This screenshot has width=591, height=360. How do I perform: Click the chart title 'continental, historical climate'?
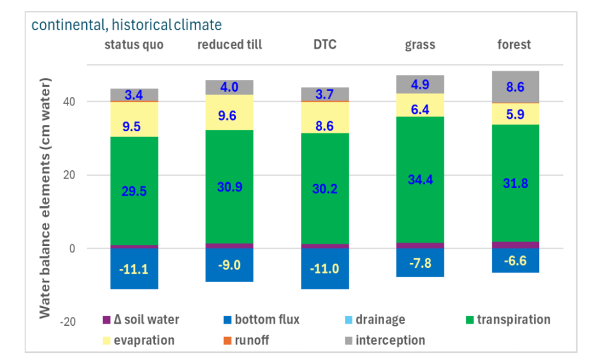[126, 25]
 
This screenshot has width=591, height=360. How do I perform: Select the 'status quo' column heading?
[134, 45]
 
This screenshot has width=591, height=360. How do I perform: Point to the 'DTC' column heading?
[324, 45]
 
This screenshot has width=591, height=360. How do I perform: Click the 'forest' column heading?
[514, 45]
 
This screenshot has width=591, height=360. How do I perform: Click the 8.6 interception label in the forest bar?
[515, 86]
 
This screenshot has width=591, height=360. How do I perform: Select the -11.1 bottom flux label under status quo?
[134, 270]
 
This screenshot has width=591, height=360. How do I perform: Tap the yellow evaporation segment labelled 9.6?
[229, 116]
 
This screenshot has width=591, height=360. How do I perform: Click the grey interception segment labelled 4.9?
[420, 84]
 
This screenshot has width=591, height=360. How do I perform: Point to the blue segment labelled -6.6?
[515, 261]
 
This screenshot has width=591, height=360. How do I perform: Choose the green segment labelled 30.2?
[324, 189]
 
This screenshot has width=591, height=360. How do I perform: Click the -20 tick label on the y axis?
[69, 322]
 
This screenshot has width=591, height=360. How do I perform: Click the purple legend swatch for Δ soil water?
[106, 320]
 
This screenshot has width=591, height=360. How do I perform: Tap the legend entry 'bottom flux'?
[267, 320]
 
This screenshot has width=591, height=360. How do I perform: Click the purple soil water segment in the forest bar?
[515, 245]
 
